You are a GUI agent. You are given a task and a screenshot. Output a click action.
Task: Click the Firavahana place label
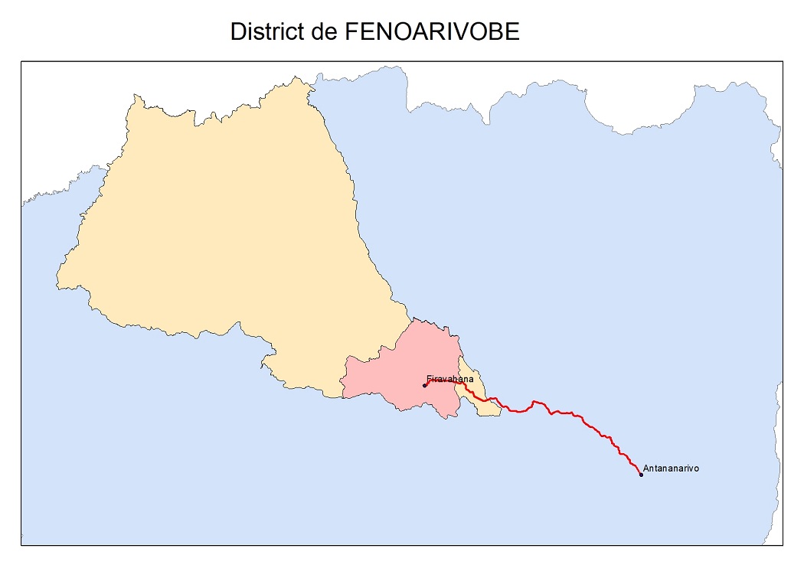pyautogui.click(x=450, y=379)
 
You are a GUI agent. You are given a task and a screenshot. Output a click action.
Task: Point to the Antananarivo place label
pyautogui.click(x=671, y=468)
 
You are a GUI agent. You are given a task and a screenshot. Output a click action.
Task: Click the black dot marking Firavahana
pyautogui.click(x=425, y=386)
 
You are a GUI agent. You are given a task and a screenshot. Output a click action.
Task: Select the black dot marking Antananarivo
pyautogui.click(x=641, y=475)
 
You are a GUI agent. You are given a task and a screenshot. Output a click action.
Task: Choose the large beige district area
pyautogui.click(x=222, y=230)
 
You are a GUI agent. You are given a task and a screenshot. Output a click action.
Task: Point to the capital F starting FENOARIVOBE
pyautogui.click(x=351, y=31)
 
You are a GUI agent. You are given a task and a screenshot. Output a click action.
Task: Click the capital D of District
pyautogui.click(x=237, y=31)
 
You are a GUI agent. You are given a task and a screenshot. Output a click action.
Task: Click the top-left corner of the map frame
pyautogui.click(x=21, y=63)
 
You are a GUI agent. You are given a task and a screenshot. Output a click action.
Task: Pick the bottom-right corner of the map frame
pyautogui.click(x=782, y=545)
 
